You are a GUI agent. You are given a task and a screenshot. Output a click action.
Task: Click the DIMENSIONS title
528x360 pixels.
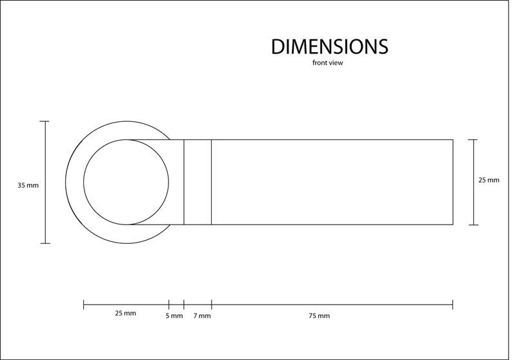(330, 46)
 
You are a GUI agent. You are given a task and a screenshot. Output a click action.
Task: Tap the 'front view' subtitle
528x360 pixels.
(327, 63)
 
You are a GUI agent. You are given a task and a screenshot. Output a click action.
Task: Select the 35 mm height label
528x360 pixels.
(28, 185)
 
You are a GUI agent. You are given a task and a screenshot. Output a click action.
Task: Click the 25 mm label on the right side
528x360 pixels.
(489, 180)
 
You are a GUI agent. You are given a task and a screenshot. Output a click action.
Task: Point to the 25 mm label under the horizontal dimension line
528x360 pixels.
(126, 314)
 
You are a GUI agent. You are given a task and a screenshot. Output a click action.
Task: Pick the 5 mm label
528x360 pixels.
(174, 316)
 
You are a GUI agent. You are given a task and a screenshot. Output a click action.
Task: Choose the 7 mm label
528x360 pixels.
(202, 316)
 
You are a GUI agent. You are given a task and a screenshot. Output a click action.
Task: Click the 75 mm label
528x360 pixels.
(320, 316)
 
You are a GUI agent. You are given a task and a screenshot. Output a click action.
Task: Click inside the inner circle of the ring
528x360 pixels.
(127, 182)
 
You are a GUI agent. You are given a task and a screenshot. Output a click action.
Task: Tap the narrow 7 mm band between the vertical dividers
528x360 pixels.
(198, 182)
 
